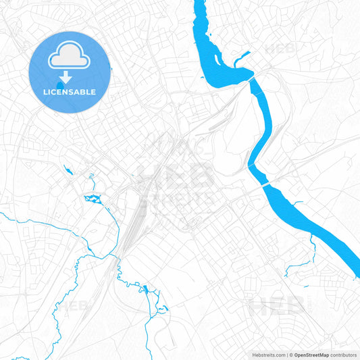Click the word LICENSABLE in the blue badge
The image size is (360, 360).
pos(70,92)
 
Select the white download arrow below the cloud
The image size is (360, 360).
pos(66,77)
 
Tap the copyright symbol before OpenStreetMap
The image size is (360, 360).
pos(289,354)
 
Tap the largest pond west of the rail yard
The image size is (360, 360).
pos(92,198)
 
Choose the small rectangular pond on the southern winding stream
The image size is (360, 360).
pos(145,290)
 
